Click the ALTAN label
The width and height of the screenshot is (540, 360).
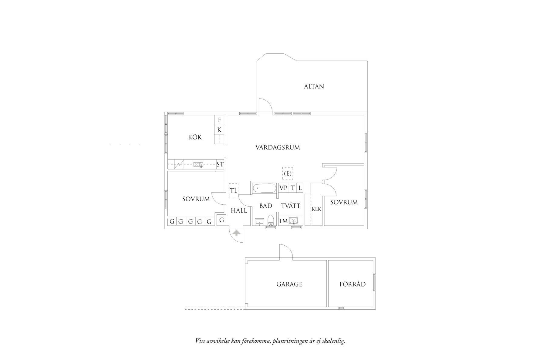314,86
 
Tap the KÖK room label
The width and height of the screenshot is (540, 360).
195,137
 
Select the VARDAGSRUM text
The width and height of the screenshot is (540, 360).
278,148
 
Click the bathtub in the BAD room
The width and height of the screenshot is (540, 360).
264,188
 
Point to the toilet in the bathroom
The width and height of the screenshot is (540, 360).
271,220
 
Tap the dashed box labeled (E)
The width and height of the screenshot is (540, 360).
288,173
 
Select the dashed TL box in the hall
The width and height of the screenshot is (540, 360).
234,191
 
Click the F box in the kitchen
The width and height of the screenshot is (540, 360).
219,120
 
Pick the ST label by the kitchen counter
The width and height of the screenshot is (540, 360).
220,165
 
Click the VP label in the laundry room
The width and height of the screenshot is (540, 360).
283,188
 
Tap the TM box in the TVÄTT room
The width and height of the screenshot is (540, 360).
283,221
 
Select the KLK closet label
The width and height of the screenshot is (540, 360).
316,209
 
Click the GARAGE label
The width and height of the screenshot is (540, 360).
289,284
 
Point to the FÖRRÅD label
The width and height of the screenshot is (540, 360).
353,284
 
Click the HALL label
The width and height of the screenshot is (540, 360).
239,210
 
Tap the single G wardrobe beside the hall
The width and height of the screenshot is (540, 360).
221,220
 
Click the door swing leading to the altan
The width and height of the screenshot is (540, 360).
265,105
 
